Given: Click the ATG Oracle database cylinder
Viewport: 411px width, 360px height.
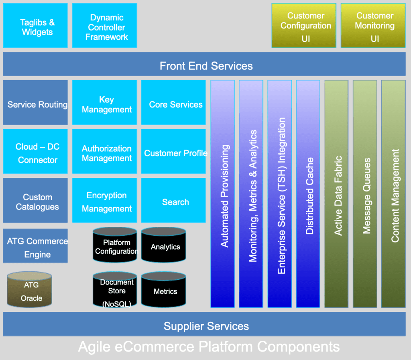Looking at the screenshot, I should [x=30, y=290].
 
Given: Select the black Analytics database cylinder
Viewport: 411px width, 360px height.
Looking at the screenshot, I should [x=164, y=245].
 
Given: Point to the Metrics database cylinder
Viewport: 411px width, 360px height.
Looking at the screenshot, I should [x=164, y=290].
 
